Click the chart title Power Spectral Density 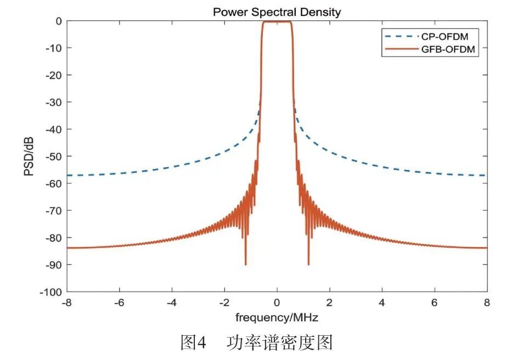(277, 12)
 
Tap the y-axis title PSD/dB (29, 157)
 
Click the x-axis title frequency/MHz (277, 317)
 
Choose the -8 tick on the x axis (67, 302)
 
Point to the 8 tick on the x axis (486, 302)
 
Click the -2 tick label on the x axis (224, 302)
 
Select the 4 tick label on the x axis (381, 302)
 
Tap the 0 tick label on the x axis (277, 302)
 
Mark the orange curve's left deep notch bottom (245, 264)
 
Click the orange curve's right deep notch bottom (308, 264)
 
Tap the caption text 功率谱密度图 (279, 343)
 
